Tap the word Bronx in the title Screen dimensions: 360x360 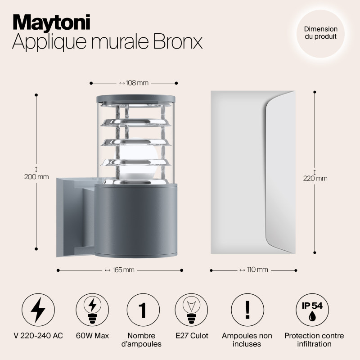pyautogui.click(x=178, y=41)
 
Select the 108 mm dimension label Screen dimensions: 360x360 pyautogui.click(x=134, y=83)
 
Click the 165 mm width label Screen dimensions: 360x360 pyautogui.click(x=120, y=270)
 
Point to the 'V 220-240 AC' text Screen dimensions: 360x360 pyautogui.click(x=38, y=336)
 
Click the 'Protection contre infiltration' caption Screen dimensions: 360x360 pyautogui.click(x=314, y=340)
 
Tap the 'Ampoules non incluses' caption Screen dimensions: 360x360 pyautogui.click(x=247, y=340)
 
